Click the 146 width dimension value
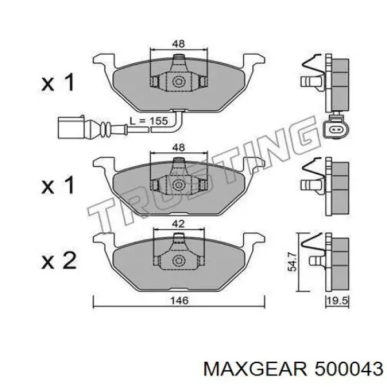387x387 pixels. coord(179,300)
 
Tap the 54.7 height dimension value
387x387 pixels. coord(292,261)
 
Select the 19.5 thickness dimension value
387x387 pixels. coord(337,301)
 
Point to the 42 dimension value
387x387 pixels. coord(179,224)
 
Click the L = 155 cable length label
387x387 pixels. coord(149,121)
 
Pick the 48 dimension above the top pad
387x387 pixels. coord(179,44)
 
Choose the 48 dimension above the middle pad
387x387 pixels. coord(179,147)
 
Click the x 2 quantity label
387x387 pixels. coord(59,261)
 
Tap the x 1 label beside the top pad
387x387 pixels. coord(58,82)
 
